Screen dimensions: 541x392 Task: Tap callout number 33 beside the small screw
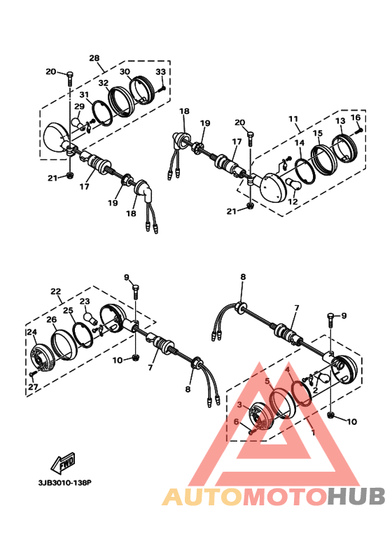click(x=160, y=72)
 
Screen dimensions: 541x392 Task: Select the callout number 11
click(x=293, y=120)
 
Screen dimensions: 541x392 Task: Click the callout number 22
click(x=55, y=292)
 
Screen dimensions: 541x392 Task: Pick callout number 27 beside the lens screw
click(x=32, y=386)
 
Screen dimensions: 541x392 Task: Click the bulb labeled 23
click(x=90, y=317)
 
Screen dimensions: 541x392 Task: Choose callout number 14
click(x=300, y=143)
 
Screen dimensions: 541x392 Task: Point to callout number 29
click(x=79, y=106)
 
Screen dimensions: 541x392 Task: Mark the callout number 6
click(x=237, y=421)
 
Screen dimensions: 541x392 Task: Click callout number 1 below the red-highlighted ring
click(x=313, y=433)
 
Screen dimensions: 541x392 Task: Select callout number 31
click(x=83, y=94)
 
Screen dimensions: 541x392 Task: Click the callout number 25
click(x=68, y=310)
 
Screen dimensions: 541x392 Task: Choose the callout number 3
click(x=239, y=405)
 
